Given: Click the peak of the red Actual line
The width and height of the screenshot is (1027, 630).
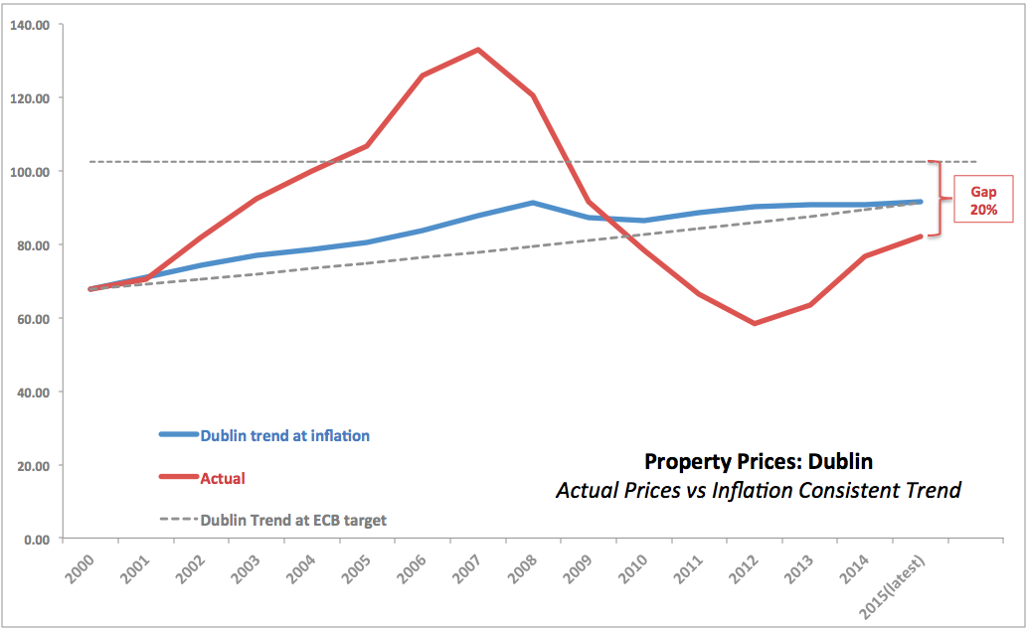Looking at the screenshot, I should pos(478,50).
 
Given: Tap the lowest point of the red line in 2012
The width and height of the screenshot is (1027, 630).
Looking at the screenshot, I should pos(755,323).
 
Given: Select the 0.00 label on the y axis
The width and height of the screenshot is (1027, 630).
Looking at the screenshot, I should pos(37,540).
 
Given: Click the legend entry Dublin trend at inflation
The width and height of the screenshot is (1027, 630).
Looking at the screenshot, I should pos(284,435).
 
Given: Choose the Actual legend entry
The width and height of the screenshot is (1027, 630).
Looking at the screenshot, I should pos(223,478).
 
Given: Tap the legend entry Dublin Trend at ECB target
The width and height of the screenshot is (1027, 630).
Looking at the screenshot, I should pos(293,520).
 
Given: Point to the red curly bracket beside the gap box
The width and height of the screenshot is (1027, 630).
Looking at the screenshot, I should pos(938,199).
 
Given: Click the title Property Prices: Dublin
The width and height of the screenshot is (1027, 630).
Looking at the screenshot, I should pos(758,461).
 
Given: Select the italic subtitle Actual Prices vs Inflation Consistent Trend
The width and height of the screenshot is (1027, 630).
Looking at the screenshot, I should pos(758,490).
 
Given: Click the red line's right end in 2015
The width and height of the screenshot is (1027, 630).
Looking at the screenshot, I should pos(921,236).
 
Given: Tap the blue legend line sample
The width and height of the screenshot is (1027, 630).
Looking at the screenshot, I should pos(179,435).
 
